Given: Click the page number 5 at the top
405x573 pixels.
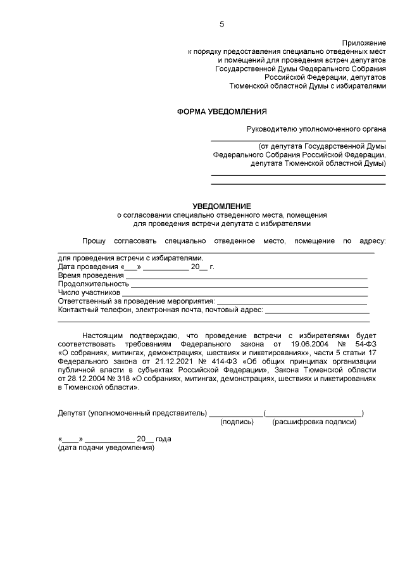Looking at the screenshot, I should [221, 25].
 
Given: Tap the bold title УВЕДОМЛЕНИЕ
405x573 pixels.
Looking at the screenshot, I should [221, 206].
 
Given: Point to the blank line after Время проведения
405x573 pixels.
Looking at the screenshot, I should [246, 277].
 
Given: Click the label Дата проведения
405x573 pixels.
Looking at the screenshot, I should [84, 267].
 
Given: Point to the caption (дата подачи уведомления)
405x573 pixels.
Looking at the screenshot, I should [106, 448].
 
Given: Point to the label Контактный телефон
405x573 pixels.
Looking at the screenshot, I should [88, 311].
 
